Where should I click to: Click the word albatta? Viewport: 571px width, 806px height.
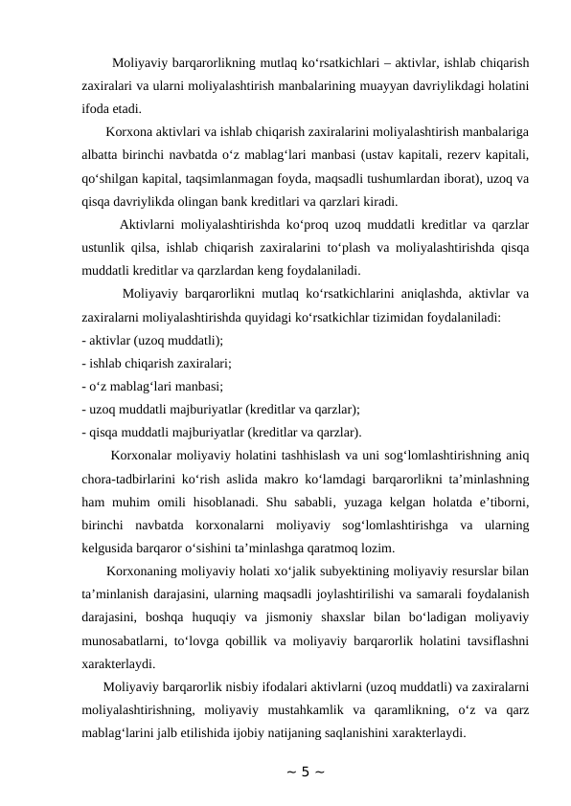point(103,155)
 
